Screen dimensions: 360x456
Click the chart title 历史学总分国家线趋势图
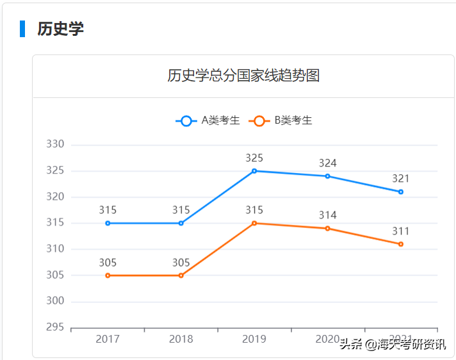click(243, 76)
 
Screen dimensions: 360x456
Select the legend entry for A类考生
click(209, 120)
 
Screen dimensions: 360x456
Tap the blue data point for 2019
click(254, 171)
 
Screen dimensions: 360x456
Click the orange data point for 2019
click(254, 223)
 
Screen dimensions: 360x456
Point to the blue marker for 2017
click(108, 223)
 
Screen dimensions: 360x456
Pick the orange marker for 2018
click(181, 275)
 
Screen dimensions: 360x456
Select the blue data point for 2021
click(401, 192)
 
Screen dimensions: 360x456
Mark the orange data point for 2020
click(327, 228)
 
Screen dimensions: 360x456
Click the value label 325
click(254, 158)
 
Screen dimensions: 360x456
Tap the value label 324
click(327, 163)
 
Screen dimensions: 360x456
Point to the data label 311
click(401, 231)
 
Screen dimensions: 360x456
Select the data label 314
click(327, 215)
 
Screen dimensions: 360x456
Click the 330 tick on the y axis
click(55, 145)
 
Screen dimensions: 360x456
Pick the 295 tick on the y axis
click(55, 327)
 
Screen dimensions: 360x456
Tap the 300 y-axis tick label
click(55, 301)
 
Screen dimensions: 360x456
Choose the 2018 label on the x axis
click(181, 339)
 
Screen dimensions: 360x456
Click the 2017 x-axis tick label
click(108, 339)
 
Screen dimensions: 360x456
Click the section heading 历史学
click(60, 29)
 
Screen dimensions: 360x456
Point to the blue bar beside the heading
click(22, 29)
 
